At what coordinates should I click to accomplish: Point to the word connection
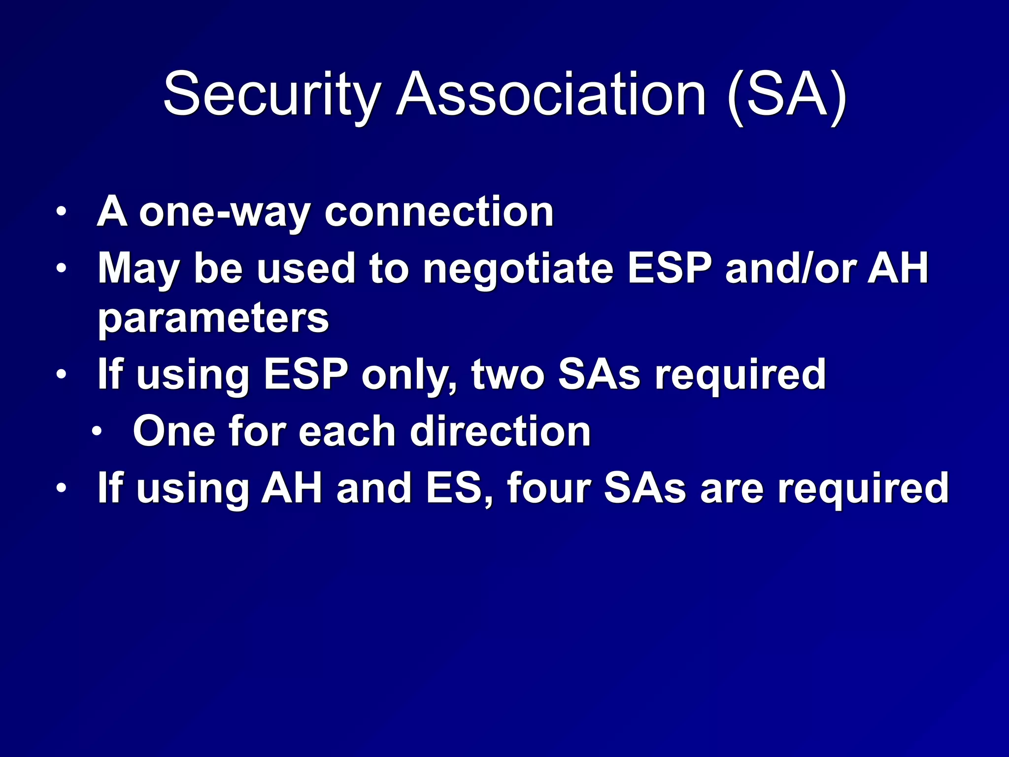tap(439, 212)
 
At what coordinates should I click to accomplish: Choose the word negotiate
tap(518, 269)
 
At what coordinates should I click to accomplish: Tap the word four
tap(549, 488)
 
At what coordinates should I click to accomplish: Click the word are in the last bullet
tap(731, 488)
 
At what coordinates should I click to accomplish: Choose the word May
tap(138, 269)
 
